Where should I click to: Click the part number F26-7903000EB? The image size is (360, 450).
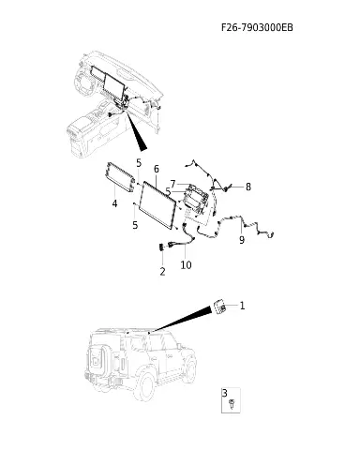(257, 27)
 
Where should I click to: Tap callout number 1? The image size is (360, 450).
(242, 306)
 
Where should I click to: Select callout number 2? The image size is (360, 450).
(162, 271)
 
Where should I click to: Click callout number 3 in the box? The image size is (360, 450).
(225, 393)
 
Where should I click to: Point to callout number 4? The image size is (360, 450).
(114, 203)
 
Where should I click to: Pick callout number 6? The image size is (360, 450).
(157, 169)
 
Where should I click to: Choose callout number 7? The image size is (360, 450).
(172, 184)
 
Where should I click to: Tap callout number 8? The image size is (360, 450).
(248, 187)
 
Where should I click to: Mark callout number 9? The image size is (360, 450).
(242, 240)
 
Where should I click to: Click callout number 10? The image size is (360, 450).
(186, 265)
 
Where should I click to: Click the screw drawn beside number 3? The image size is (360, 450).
(232, 404)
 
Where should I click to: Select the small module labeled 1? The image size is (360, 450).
(219, 307)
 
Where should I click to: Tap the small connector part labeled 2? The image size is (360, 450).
(162, 247)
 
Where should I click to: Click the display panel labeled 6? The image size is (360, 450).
(157, 205)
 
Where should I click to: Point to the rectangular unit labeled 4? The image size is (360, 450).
(120, 176)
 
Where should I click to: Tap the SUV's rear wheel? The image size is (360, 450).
(144, 384)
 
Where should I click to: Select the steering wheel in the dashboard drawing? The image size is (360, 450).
(83, 82)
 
